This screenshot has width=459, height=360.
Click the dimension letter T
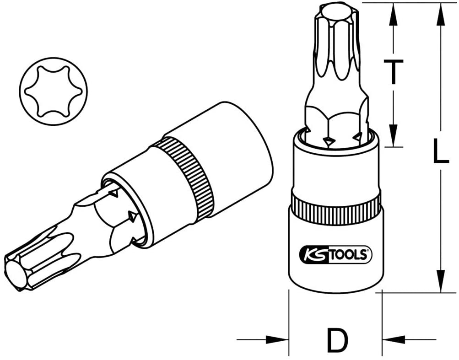[x=393, y=71]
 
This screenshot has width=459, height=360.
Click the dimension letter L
[x=441, y=151]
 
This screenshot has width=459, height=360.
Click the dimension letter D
[x=338, y=340]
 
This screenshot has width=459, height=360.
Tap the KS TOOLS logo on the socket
[x=335, y=254]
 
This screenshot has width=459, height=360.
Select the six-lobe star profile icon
[x=53, y=91]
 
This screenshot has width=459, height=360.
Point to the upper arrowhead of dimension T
[x=394, y=15]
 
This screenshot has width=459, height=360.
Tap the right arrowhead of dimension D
[x=394, y=340]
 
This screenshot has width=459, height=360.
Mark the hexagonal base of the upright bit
[x=336, y=122]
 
